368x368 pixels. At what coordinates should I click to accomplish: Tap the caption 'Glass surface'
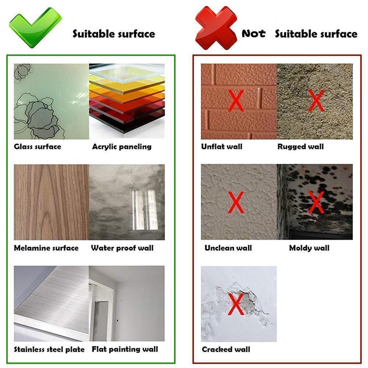click(38, 147)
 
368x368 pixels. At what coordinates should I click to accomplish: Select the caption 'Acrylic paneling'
click(122, 147)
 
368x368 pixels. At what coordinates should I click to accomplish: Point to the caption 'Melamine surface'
click(46, 248)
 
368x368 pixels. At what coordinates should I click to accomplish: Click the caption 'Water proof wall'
click(122, 248)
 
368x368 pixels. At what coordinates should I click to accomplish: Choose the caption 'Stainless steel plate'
click(49, 349)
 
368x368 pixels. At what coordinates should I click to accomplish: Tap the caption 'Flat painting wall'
click(125, 349)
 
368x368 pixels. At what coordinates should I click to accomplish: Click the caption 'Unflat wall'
click(222, 147)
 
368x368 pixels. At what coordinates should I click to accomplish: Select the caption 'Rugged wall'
click(301, 147)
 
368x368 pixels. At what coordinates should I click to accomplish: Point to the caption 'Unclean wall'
click(228, 248)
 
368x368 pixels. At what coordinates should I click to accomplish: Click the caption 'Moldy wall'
click(309, 248)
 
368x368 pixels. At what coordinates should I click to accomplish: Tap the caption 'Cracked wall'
click(226, 349)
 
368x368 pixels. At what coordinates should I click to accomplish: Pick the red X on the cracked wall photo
click(236, 304)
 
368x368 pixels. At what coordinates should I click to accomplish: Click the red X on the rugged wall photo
click(316, 100)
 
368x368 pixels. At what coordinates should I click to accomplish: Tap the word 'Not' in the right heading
click(254, 34)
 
